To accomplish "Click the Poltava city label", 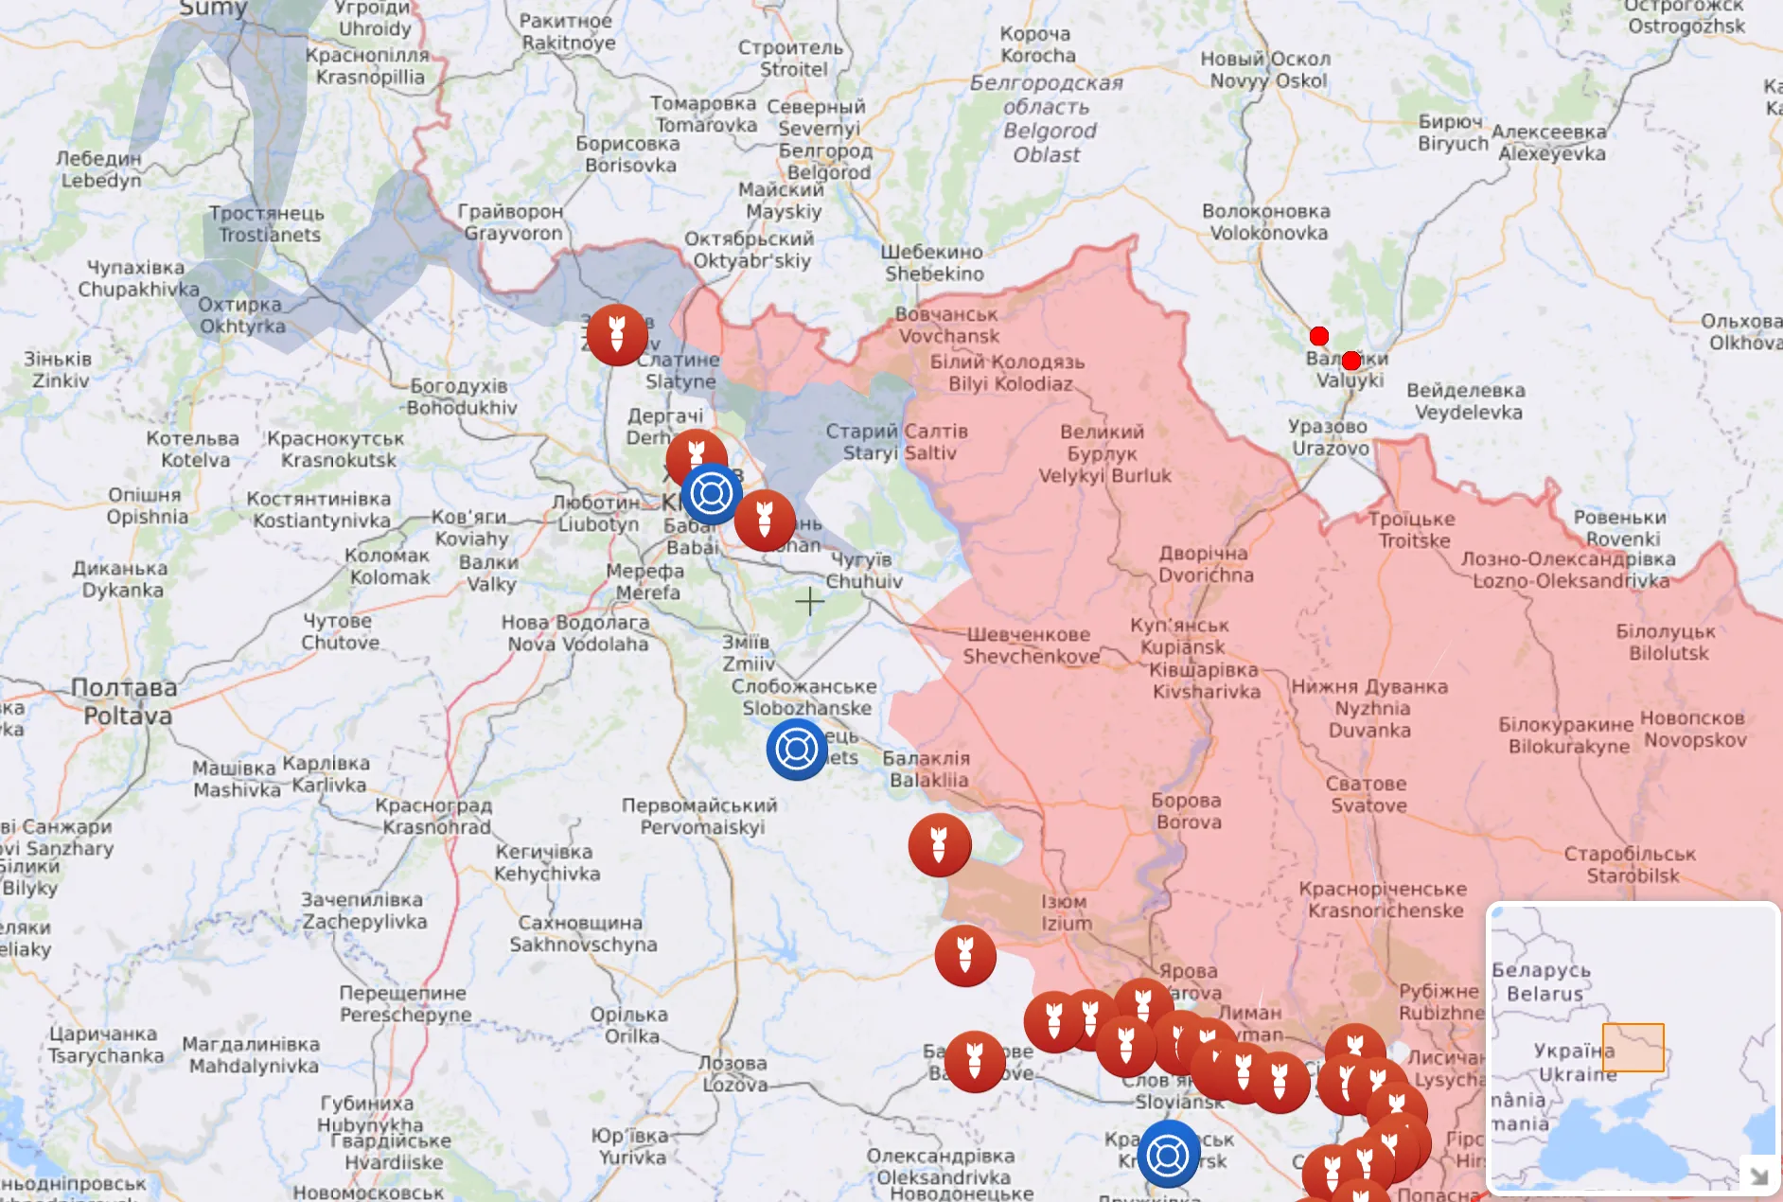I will (x=126, y=701).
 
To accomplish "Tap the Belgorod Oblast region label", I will (x=1048, y=119).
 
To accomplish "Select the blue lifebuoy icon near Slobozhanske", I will (x=796, y=750).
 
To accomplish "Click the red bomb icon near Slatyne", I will (x=617, y=335).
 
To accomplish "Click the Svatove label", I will (x=1367, y=795).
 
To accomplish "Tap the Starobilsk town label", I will (x=1631, y=865).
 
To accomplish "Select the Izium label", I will (x=1066, y=912).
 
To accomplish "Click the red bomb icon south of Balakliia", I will (x=939, y=845).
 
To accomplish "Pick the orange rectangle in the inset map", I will (x=1633, y=1048).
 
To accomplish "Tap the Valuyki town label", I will (x=1349, y=370).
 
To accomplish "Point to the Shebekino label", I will (x=933, y=263).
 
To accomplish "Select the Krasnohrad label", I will (x=435, y=817).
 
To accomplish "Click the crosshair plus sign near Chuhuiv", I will (x=809, y=601).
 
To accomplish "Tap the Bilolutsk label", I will (x=1667, y=642).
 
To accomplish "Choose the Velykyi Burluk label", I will (x=1103, y=454).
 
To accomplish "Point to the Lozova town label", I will (x=733, y=1074).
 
